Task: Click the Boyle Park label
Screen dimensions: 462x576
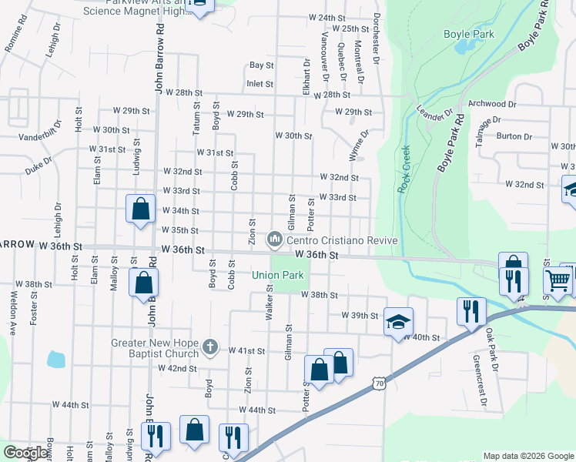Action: (x=468, y=34)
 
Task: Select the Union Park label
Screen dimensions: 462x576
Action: (x=277, y=275)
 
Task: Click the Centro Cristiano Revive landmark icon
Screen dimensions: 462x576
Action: (x=274, y=241)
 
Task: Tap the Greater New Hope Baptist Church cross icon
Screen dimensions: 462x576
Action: (x=209, y=347)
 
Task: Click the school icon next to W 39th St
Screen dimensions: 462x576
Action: (x=398, y=320)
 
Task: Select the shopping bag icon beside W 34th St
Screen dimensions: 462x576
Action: (x=140, y=209)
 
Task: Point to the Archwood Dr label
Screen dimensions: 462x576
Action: (x=491, y=104)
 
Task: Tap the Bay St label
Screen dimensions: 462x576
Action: (x=261, y=66)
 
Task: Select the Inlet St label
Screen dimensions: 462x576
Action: (x=260, y=84)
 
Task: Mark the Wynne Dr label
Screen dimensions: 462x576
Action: (x=359, y=145)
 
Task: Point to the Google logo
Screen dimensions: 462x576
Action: (x=25, y=453)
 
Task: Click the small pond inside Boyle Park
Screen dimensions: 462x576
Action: (x=465, y=46)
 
